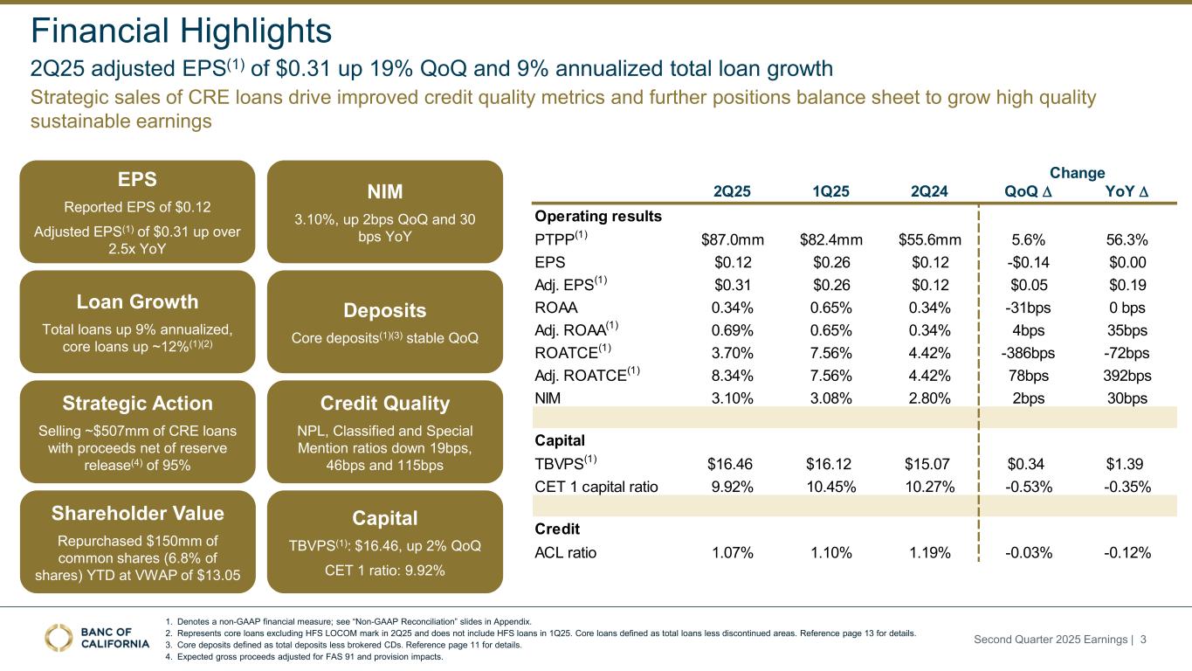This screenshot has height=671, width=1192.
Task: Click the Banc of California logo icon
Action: (x=59, y=638)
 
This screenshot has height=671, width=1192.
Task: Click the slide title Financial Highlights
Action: (x=181, y=31)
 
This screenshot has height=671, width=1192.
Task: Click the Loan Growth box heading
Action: (x=137, y=301)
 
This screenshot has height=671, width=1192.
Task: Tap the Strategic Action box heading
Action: (x=137, y=404)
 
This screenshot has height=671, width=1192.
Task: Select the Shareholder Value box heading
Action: (x=137, y=513)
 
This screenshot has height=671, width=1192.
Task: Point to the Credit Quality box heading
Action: (x=385, y=404)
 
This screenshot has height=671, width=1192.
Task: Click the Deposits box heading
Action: (x=385, y=311)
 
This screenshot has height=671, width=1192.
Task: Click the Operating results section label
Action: (x=598, y=216)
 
